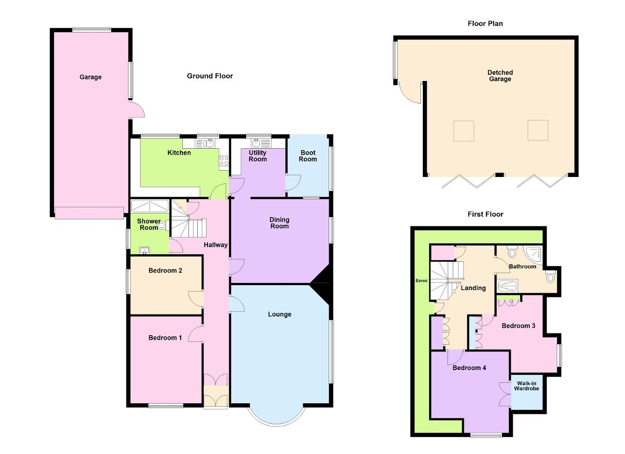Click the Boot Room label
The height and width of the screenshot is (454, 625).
(x=308, y=156)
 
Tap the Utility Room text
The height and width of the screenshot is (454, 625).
(x=257, y=156)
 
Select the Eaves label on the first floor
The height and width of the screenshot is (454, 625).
(x=421, y=281)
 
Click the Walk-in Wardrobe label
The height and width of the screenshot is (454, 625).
(x=526, y=386)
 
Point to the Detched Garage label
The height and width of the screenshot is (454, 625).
(x=500, y=76)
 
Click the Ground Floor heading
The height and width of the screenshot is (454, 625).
(x=210, y=76)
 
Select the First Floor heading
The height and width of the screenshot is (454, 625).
(x=485, y=214)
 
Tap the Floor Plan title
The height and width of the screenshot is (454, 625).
(x=485, y=24)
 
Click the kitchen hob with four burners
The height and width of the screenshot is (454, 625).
(x=224, y=161)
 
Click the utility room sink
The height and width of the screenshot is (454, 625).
(x=261, y=143)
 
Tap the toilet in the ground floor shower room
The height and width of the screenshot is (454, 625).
(x=163, y=225)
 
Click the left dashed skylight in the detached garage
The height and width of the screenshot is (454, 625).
(x=464, y=131)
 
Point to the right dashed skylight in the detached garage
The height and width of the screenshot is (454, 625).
(x=538, y=130)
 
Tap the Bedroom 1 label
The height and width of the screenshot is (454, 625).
(x=165, y=338)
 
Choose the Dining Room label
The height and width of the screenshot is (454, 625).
(x=279, y=223)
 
